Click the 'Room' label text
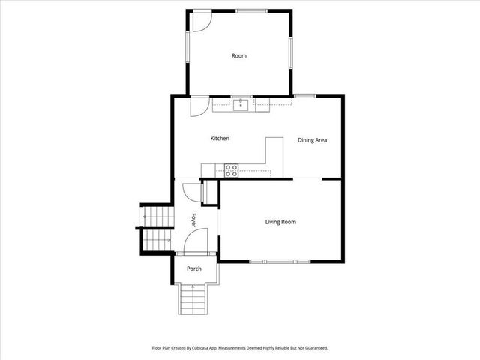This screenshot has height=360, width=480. pyautogui.click(x=238, y=55)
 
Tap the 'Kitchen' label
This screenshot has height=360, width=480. pyautogui.click(x=219, y=139)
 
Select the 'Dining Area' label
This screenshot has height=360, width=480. pyautogui.click(x=312, y=140)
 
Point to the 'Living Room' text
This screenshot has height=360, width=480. pyautogui.click(x=280, y=222)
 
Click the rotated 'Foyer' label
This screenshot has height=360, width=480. pyautogui.click(x=193, y=220)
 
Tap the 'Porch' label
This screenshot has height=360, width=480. pyautogui.click(x=194, y=268)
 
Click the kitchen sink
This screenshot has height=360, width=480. pyautogui.click(x=240, y=105)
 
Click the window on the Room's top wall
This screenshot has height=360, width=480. pyautogui.click(x=249, y=10)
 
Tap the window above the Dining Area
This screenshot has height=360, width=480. pyautogui.click(x=304, y=96)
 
